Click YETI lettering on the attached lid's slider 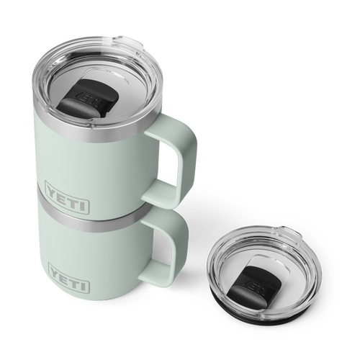coord(89,93)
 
